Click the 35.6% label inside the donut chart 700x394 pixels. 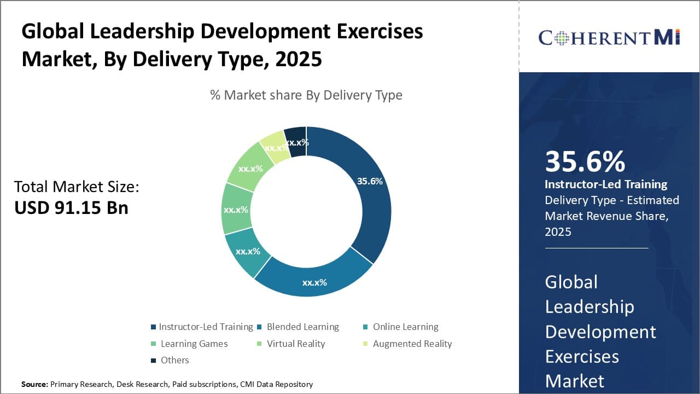coord(370,181)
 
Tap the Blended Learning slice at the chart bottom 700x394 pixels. coord(315,282)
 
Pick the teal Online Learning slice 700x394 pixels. coord(247,251)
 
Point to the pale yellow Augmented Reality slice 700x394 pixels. coord(275,146)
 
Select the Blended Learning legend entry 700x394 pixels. coord(299,327)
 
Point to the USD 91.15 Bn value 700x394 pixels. coord(71,208)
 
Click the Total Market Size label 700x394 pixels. coord(77,187)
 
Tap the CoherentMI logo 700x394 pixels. coord(609,37)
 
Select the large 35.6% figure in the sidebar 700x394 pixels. coord(585,161)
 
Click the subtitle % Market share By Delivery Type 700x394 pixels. coord(306,95)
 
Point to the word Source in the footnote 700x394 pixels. coord(34,384)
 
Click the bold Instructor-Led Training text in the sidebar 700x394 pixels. coord(606,184)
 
